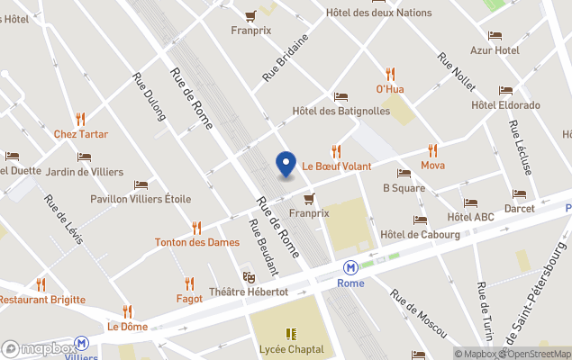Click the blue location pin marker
point(286,165)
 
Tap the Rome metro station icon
point(350,267)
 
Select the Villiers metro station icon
point(82,343)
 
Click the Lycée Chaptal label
point(290,349)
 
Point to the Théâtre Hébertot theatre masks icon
point(249,277)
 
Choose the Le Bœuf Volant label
point(336,166)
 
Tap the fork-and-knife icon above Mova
point(432,150)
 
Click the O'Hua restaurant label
point(390,89)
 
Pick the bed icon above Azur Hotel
point(495,36)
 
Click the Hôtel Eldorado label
point(505,105)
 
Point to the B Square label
point(404,188)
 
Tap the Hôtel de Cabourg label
point(420,235)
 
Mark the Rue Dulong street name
point(150,96)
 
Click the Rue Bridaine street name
point(286,58)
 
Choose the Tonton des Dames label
point(196,242)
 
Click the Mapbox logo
point(38,348)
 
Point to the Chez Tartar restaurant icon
point(80,119)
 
